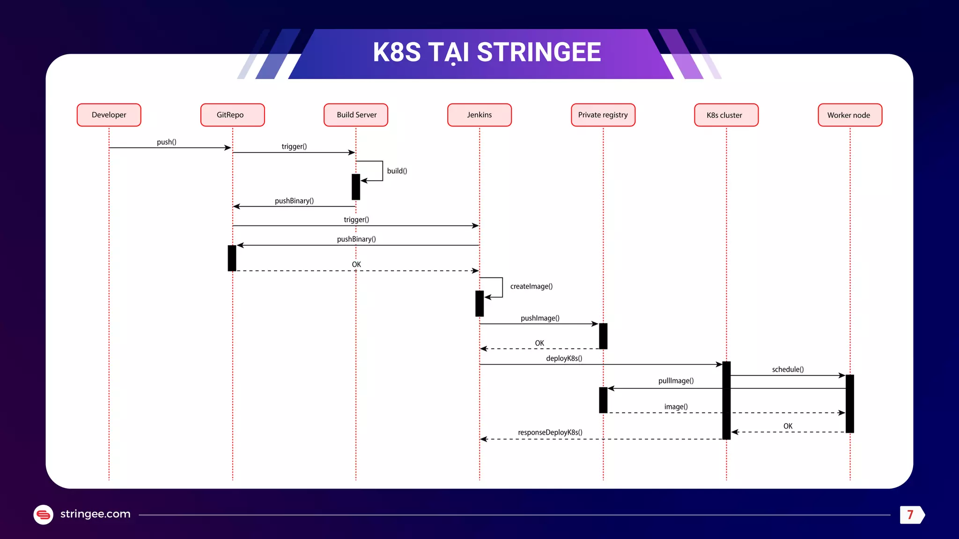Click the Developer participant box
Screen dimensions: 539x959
[109, 115]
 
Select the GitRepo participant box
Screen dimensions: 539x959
[232, 115]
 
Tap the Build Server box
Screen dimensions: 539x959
[356, 115]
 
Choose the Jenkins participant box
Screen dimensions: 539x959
[479, 115]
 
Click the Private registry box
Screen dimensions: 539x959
[603, 115]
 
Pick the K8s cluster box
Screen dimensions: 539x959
[726, 115]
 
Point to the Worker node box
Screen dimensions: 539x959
[850, 115]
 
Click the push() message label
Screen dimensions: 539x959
[166, 142]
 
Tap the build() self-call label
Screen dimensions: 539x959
[397, 171]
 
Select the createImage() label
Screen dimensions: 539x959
[531, 286]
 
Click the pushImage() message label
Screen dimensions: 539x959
[540, 318]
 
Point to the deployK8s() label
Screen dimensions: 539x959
[564, 358]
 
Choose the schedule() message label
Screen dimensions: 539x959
[788, 370]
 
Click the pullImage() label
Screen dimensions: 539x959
[676, 381]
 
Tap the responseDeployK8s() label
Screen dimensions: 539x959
[550, 432]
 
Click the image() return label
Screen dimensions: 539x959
[676, 407]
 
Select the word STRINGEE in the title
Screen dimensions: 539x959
[539, 52]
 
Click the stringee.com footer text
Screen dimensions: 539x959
[95, 514]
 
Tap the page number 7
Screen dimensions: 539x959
[910, 515]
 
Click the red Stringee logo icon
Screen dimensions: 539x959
[44, 515]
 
